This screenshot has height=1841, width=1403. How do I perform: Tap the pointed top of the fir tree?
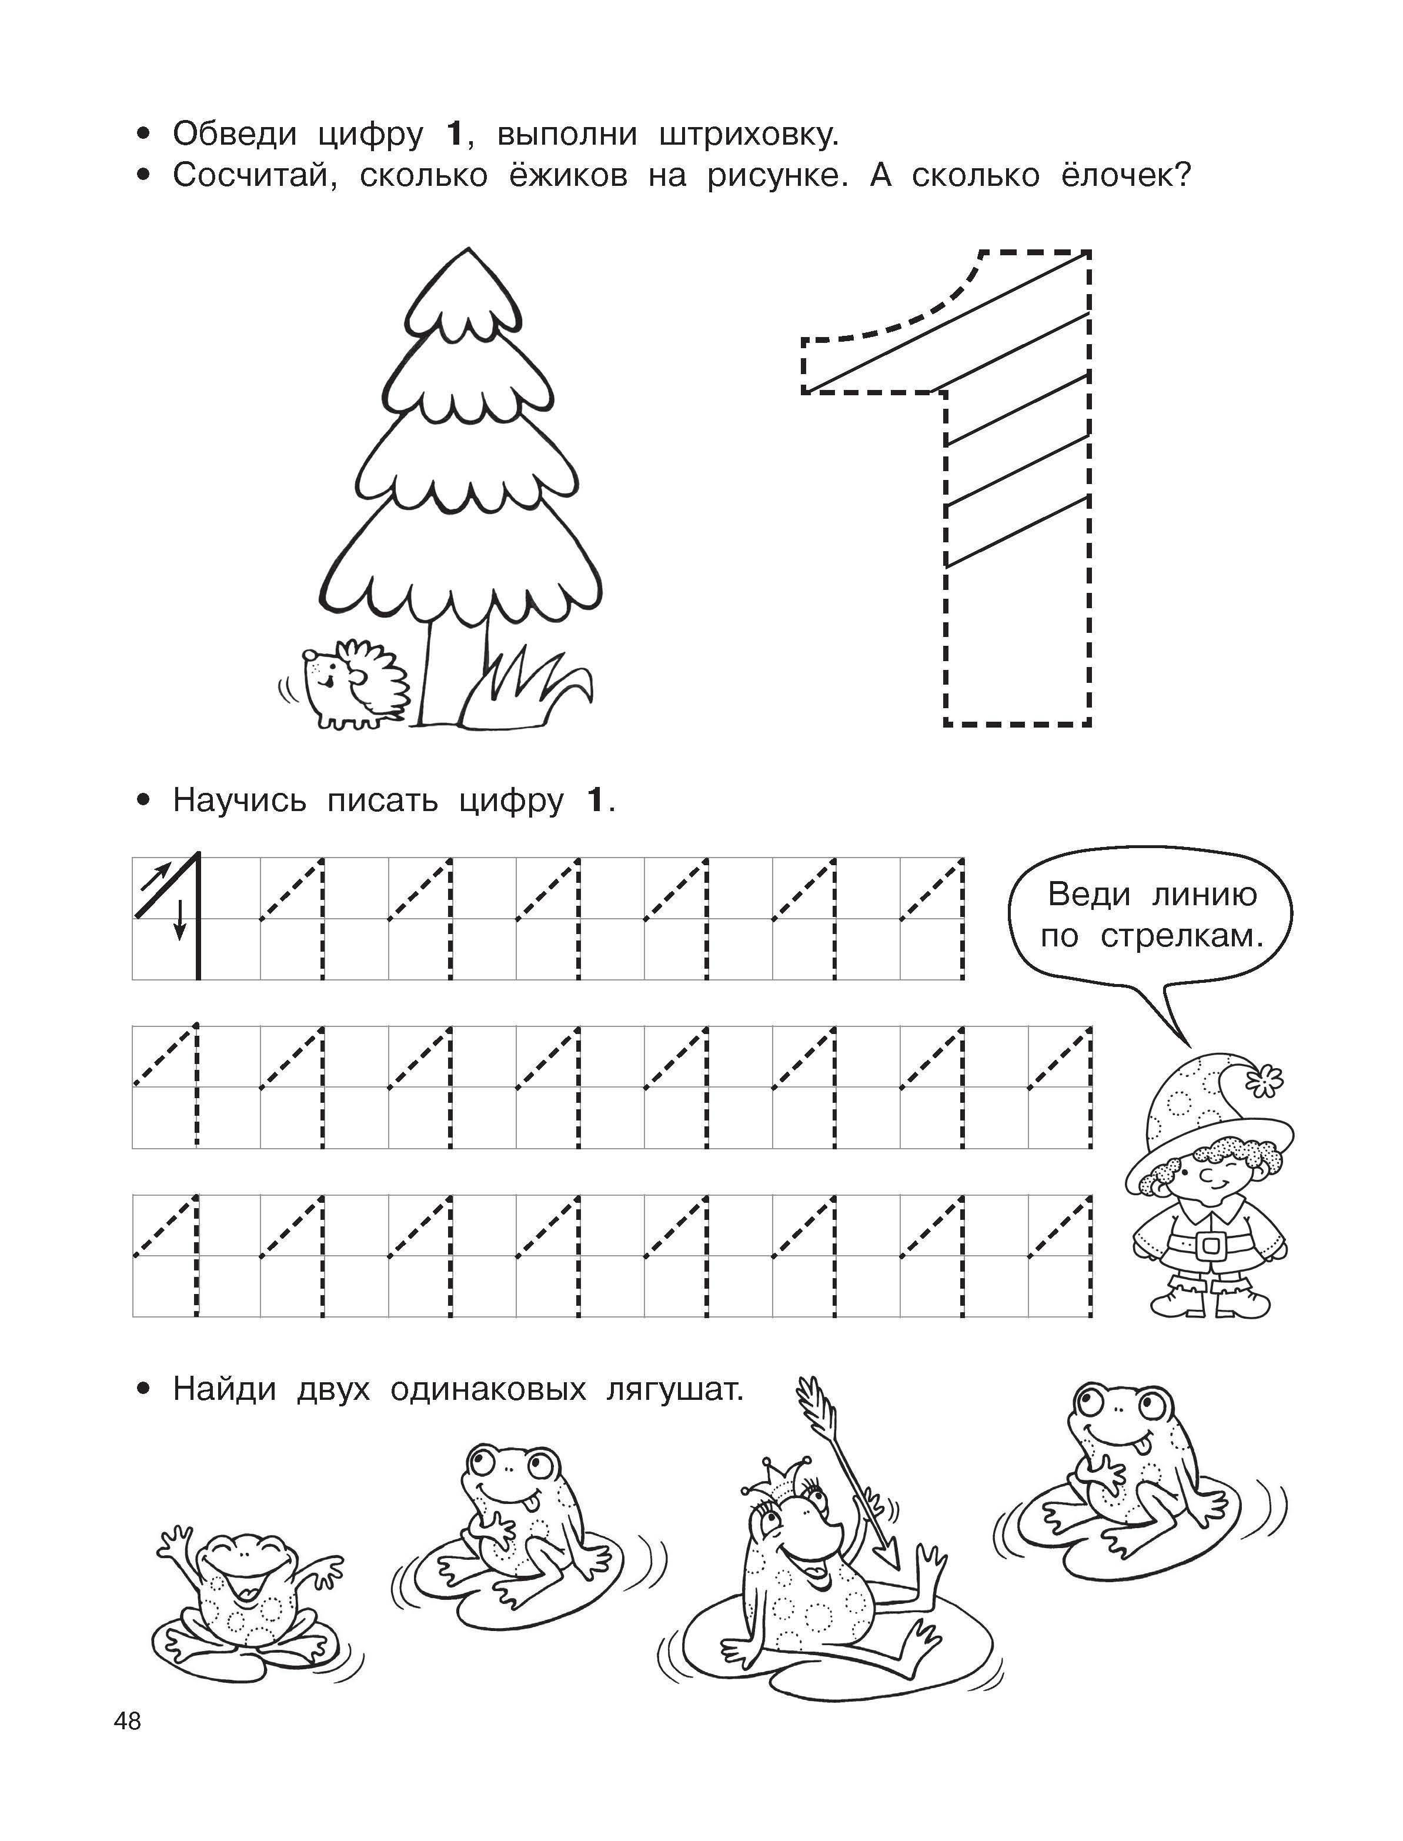coord(469,248)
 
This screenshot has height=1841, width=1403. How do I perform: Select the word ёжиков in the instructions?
coord(569,175)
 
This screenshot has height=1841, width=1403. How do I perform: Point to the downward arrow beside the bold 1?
coord(179,920)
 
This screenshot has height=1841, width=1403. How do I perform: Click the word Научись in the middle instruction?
coord(240,800)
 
